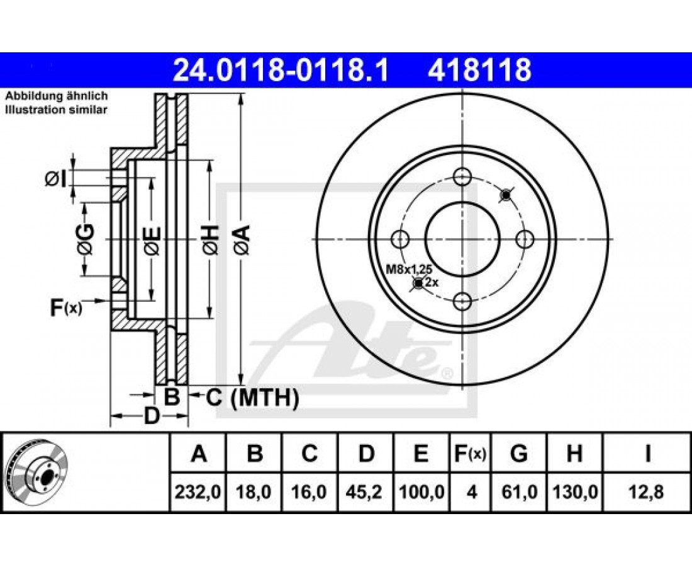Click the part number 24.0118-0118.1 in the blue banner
pos(281,70)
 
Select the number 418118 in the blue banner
pos(479,70)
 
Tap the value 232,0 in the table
pos(198,491)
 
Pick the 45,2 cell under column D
pos(366,491)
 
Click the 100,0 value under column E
pos(421,491)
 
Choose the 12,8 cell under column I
pos(647,491)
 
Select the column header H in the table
pos(574,454)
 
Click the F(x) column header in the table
pos(470,454)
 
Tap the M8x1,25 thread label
pos(409,269)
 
